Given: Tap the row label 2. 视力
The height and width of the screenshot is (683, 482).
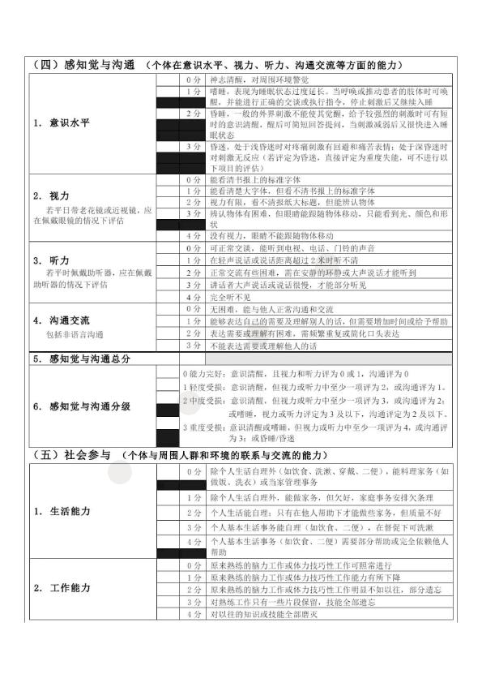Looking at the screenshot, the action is coord(51,196).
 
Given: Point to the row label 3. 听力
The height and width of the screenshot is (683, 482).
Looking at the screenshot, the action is coord(51,260).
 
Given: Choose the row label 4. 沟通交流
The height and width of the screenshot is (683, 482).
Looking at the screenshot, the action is coord(62,320).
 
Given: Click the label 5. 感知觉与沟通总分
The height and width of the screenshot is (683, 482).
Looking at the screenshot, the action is coord(82,358).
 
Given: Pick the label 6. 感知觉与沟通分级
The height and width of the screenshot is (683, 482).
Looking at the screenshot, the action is coord(82,406).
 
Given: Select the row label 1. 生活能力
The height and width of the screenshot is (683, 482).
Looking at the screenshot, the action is coord(62,511).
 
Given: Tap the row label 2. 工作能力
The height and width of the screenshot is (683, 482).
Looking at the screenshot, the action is coord(62,587).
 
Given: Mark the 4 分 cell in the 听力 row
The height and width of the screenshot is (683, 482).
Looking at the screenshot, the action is coord(193,298).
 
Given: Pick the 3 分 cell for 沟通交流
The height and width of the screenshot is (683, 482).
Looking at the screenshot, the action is coord(193,345).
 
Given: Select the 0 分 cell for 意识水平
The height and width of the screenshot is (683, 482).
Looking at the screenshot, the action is coord(193,80).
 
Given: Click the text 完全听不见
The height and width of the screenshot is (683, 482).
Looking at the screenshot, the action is coord(229,298).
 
